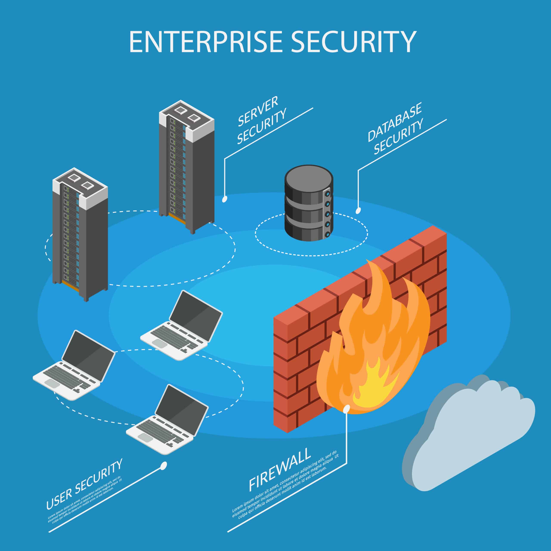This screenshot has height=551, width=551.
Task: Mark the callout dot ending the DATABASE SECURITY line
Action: point(358,210)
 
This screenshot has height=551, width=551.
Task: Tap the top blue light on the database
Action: point(328,194)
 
